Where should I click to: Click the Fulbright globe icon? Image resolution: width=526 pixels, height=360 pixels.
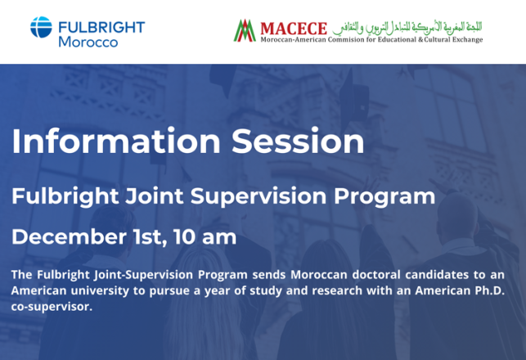(41, 28)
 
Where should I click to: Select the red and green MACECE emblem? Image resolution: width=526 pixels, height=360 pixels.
(244, 31)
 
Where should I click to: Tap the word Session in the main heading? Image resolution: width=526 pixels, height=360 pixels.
(298, 141)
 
